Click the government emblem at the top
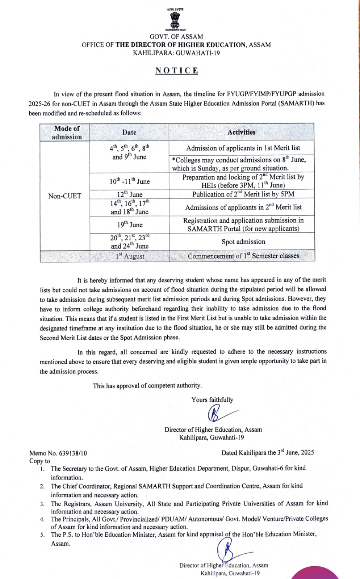click(176, 20)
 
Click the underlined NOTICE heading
click(177, 71)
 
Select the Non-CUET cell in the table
click(64, 196)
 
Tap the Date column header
click(129, 132)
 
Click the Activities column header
click(241, 132)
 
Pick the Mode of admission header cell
click(67, 132)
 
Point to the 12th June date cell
click(129, 194)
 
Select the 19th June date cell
click(129, 225)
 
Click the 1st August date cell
click(129, 256)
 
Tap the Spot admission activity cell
click(243, 242)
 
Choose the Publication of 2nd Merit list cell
click(243, 194)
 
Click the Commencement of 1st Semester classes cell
click(243, 256)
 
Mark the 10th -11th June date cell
click(129, 181)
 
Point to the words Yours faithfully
click(212, 400)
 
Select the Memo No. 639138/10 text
click(58, 453)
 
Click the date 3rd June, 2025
click(296, 453)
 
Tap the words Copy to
click(40, 461)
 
